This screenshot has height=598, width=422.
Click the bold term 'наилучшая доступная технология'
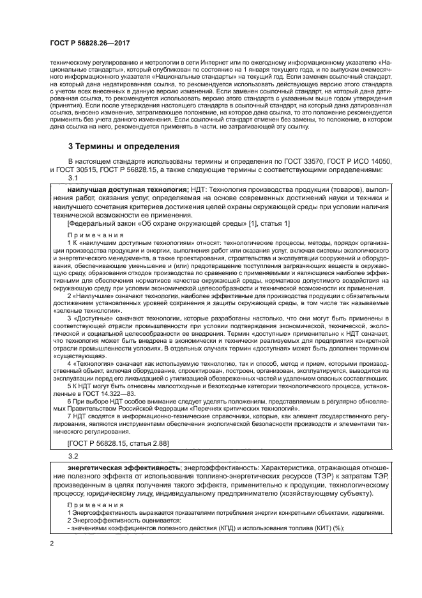127,191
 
